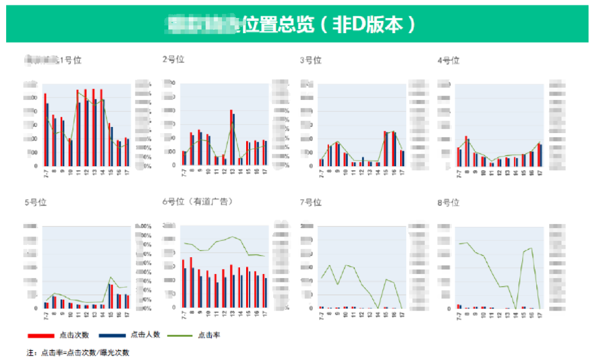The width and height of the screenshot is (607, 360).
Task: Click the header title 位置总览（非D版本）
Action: tap(329, 25)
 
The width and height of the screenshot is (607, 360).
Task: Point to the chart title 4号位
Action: tap(449, 60)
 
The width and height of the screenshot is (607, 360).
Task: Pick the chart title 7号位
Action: tap(310, 203)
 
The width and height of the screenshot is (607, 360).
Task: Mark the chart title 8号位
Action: tap(449, 203)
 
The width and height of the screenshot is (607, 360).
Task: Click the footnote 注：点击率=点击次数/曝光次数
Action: tap(78, 353)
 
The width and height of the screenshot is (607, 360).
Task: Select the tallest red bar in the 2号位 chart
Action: tap(230, 138)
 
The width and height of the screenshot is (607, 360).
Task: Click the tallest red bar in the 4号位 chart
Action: tap(466, 151)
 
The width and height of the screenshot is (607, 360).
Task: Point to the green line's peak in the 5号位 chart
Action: tap(111, 277)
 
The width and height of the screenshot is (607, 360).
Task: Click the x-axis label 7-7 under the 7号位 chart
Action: tap(321, 316)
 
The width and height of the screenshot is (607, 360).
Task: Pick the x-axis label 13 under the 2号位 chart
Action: tap(232, 173)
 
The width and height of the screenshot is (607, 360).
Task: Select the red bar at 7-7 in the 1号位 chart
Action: tap(45, 129)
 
